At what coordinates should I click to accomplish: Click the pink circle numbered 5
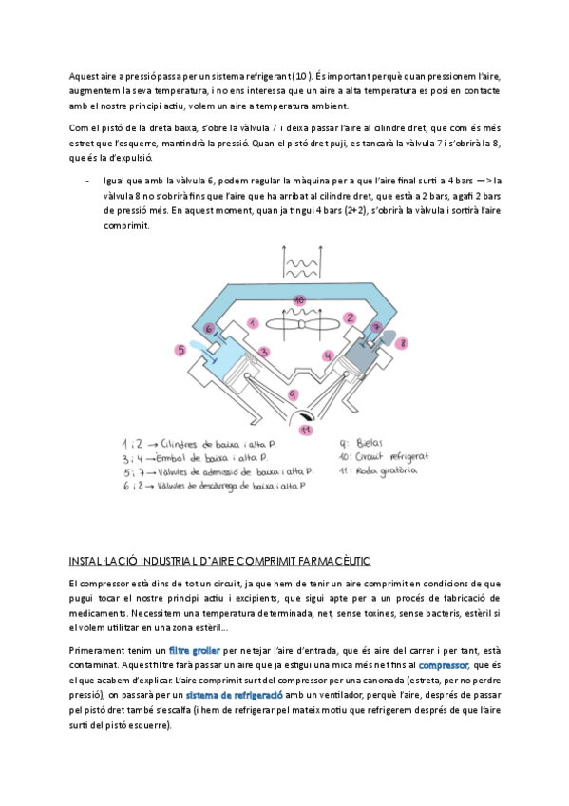tap(180, 350)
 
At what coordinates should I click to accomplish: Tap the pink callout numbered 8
tap(403, 343)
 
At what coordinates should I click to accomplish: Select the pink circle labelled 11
tap(307, 430)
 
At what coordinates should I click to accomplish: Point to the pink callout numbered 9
tap(293, 394)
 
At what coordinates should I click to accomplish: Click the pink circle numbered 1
tap(252, 323)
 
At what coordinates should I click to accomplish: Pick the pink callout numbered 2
tap(351, 317)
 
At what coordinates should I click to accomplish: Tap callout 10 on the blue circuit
tap(299, 299)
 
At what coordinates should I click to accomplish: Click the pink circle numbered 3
tap(264, 352)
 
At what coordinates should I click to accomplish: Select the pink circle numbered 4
tap(328, 355)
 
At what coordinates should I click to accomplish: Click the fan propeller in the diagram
tap(302, 324)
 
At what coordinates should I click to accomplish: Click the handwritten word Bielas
tap(370, 443)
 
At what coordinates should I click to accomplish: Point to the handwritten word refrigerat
tap(408, 457)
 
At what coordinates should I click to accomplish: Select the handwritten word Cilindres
tap(179, 444)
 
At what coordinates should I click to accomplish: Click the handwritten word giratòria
tap(399, 470)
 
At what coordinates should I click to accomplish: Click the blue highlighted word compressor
tap(444, 665)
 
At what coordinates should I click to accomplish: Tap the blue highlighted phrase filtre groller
tap(194, 650)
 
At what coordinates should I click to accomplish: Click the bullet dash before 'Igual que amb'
tap(87, 181)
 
